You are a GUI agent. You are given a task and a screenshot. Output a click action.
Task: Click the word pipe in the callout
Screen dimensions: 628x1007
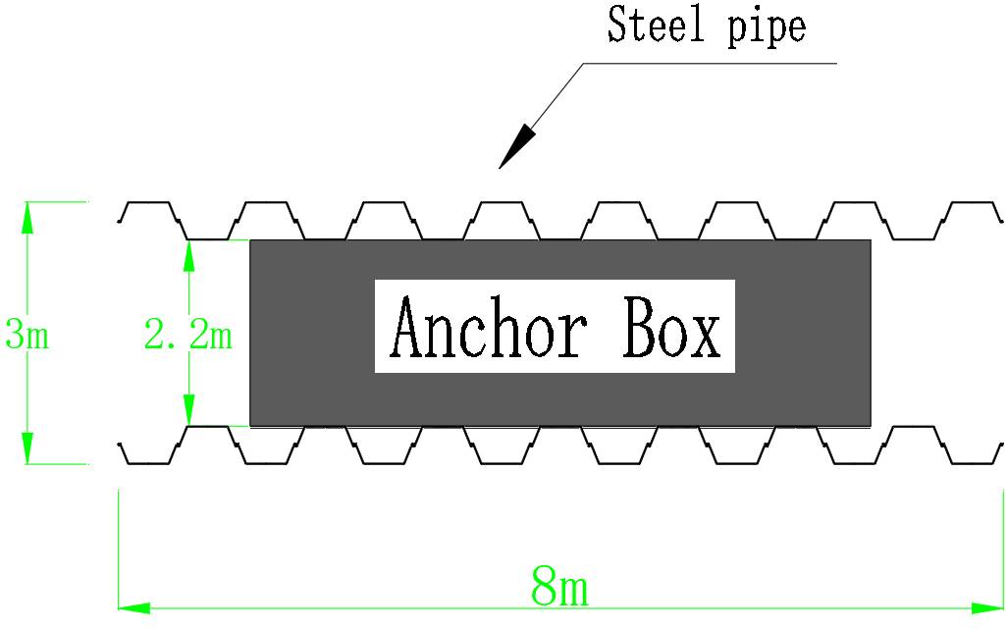tap(766, 27)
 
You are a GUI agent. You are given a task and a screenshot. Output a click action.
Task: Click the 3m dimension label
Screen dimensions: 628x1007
tap(26, 336)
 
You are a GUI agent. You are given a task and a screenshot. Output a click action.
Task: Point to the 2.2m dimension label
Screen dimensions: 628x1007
tap(187, 336)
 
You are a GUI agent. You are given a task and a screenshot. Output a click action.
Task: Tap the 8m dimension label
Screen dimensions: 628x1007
tap(559, 588)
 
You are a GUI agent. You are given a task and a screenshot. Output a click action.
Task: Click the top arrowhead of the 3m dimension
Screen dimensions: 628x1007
tap(27, 216)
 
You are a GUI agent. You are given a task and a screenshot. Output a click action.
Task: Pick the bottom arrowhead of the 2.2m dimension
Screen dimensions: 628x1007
tap(187, 411)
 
